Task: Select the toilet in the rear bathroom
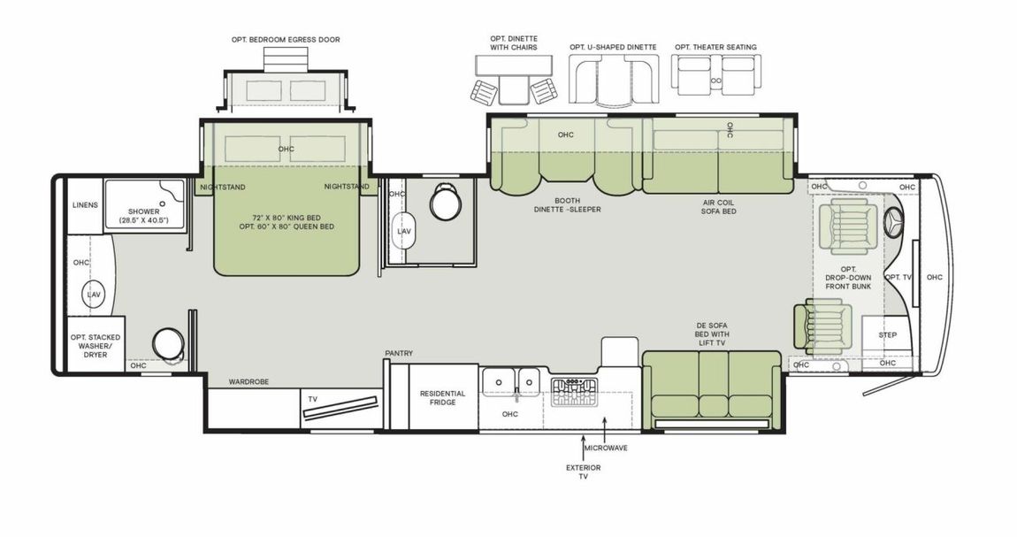tap(167, 343)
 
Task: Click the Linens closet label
tap(85, 205)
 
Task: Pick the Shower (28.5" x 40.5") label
tap(143, 216)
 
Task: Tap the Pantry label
tap(399, 353)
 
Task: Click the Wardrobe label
tap(249, 382)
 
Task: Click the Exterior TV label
tap(583, 472)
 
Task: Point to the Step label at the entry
tap(887, 335)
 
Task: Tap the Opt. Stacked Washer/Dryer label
tap(96, 346)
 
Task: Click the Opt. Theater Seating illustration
tap(715, 75)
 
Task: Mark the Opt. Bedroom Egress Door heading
tap(280, 40)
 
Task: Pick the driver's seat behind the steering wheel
tap(845, 225)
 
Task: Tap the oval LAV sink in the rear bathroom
tap(95, 293)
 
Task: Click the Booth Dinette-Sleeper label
tap(567, 204)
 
